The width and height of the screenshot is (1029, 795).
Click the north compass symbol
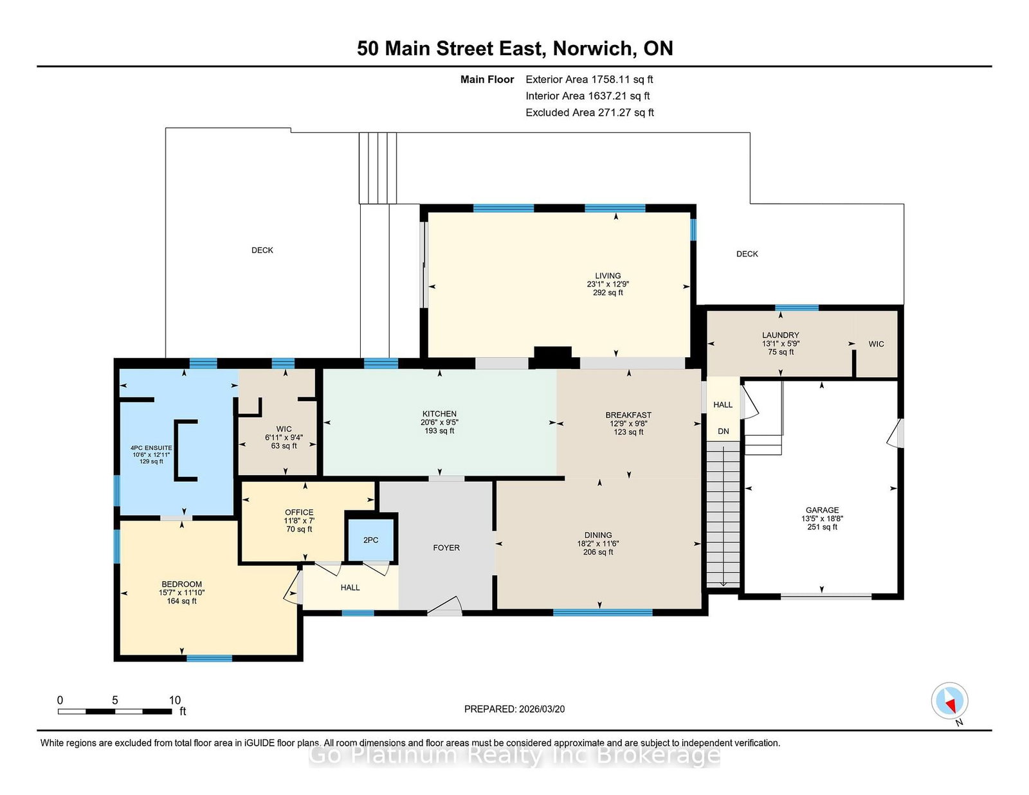(949, 701)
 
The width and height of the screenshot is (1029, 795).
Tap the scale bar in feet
(115, 711)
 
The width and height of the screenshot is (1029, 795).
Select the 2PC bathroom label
(371, 540)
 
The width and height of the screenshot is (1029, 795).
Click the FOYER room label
(446, 548)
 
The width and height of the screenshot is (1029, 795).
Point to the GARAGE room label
(822, 510)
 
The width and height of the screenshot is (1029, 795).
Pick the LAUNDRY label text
(780, 335)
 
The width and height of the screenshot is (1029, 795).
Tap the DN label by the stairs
(723, 431)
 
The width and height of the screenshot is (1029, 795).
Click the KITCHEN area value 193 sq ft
(439, 431)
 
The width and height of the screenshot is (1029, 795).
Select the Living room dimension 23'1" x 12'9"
(608, 284)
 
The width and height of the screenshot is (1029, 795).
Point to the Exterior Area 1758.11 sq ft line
(589, 80)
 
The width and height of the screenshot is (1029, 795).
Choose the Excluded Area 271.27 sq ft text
(590, 112)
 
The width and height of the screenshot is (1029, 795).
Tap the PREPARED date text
(514, 709)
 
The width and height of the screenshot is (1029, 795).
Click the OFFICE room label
(299, 512)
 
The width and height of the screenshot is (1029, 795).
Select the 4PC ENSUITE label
(151, 448)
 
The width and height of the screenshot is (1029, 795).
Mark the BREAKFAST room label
(628, 415)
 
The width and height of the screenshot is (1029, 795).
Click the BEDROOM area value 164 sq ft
(181, 601)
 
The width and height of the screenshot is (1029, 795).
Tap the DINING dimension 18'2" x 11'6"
(598, 544)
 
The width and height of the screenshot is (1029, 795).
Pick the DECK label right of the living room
(747, 254)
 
